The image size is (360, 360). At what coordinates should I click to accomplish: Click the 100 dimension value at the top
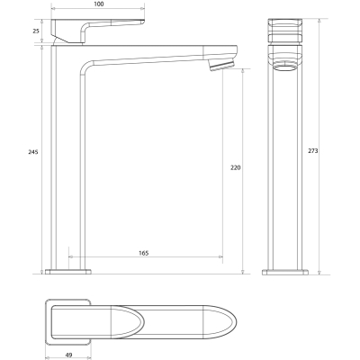pos(98,4)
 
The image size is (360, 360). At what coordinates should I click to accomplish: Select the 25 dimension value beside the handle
pos(36,31)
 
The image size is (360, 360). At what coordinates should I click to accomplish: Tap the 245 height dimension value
pos(33,152)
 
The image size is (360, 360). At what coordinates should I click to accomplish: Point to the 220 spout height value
pos(236,168)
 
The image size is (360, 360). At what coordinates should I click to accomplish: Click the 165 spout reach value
pos(144,253)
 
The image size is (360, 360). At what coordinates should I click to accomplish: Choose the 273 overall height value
pos(313,151)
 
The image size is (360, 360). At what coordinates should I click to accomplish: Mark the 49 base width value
pos(68,355)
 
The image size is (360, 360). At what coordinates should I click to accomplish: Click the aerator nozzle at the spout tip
pos(221,66)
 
